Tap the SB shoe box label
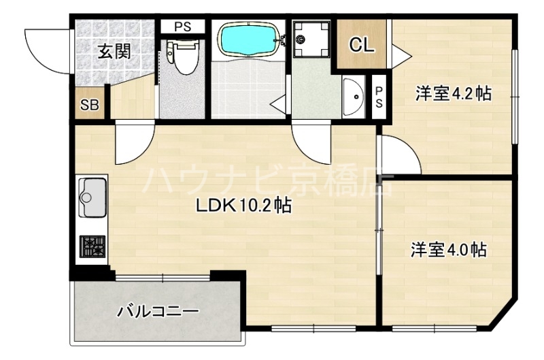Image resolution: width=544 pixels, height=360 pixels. [90, 105]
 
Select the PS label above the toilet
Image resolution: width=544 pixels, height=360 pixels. [182, 27]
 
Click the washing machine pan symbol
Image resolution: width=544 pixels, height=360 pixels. [309, 39]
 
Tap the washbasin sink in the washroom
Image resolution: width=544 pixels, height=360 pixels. [354, 98]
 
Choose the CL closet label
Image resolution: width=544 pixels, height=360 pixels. [361, 45]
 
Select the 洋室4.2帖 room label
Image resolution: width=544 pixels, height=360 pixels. [454, 95]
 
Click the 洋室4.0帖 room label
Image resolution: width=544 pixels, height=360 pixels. [447, 250]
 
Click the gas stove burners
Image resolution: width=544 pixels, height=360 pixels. [92, 246]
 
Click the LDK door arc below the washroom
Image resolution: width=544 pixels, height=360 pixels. [309, 144]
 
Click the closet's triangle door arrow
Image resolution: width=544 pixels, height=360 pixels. [400, 52]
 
